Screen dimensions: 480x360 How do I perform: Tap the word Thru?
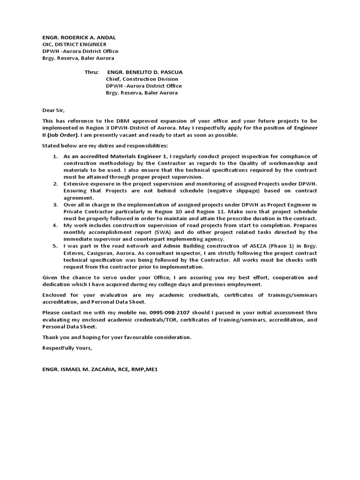[x=92, y=72]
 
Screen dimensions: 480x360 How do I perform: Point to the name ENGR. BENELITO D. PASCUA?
[x=145, y=72]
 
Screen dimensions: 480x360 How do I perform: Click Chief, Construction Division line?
[x=142, y=79]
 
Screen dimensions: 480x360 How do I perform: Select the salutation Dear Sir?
[x=52, y=111]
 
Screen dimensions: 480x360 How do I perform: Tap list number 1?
[x=55, y=156]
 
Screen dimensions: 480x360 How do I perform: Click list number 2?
[x=55, y=184]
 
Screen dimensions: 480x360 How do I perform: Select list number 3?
[x=55, y=205]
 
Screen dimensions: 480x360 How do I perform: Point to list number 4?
[x=55, y=225]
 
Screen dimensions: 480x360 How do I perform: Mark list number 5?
[x=55, y=246]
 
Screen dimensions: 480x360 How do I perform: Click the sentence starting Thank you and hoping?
[x=117, y=337]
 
